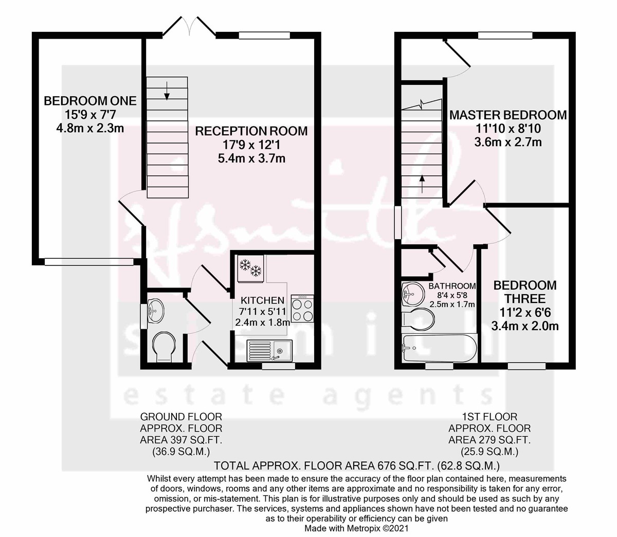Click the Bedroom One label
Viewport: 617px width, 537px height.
tap(90, 101)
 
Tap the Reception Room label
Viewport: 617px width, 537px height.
tap(251, 131)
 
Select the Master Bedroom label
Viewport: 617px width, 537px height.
tap(507, 115)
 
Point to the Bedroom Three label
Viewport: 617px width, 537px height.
tap(525, 292)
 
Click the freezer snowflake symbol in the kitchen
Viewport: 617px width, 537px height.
tap(250, 267)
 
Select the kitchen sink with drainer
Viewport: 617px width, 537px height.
tap(269, 350)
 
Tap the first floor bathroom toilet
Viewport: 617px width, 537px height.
tap(420, 318)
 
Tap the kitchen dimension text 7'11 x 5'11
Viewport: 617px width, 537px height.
tap(262, 312)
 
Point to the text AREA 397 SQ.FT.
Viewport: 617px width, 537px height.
tap(181, 440)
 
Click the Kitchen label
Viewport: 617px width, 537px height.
tap(262, 300)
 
